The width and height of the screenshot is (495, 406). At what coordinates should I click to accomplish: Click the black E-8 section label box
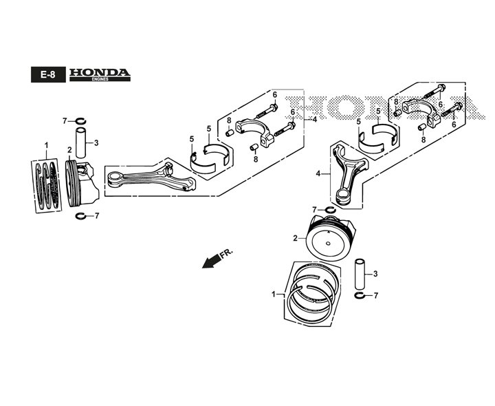coord(48,74)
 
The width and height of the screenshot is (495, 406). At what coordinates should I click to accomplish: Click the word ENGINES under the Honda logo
coord(100,79)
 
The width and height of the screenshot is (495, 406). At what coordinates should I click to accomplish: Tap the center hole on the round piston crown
coord(329,244)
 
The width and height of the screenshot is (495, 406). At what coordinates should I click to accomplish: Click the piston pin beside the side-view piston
coord(81,143)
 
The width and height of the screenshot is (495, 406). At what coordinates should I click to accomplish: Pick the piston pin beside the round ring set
coord(360,275)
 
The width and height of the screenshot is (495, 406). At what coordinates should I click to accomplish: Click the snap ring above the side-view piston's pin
coord(80,120)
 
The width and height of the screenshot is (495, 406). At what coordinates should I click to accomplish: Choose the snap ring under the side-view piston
coord(81,216)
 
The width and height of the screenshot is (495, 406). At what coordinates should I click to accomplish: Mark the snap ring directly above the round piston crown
coord(329,210)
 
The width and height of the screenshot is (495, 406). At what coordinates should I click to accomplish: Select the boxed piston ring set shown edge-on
coord(47,186)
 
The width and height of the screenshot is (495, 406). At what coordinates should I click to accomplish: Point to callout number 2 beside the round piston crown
coord(295,238)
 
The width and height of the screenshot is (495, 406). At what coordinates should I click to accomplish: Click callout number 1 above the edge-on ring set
coord(47,146)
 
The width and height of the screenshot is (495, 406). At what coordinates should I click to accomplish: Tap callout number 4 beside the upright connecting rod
coord(318,173)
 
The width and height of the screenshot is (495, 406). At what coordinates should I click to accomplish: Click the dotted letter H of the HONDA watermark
coord(301,108)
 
